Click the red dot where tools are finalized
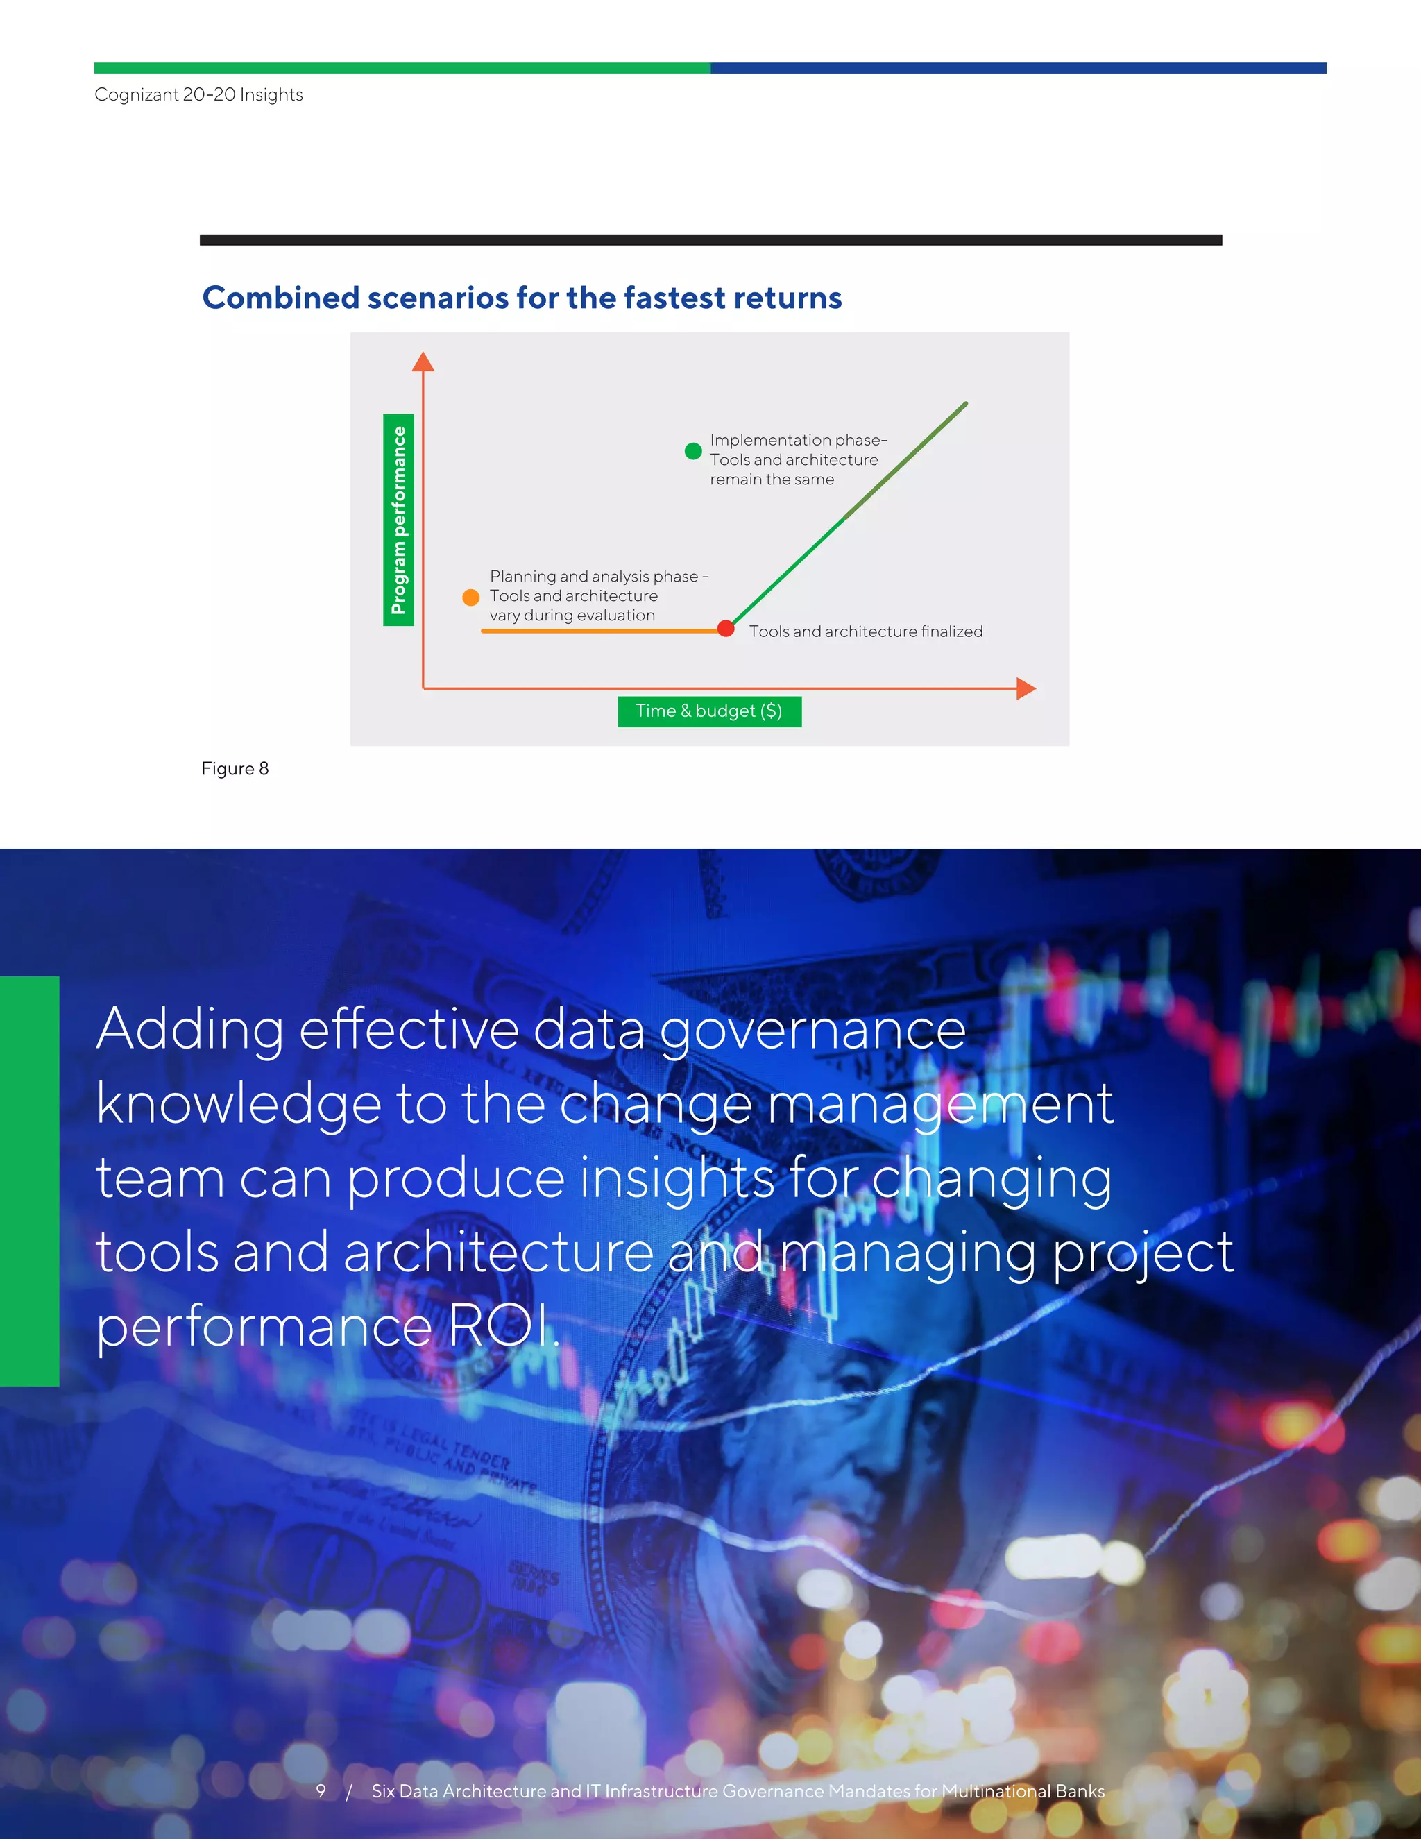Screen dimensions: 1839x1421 726,628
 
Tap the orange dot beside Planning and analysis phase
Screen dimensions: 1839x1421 471,597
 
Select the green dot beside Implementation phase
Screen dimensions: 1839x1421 693,451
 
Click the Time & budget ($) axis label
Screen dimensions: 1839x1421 709,711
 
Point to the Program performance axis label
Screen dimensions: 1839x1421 398,520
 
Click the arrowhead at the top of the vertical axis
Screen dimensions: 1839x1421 423,362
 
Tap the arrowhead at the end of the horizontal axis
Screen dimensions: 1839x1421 1026,689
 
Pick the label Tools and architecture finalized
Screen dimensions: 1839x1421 865,632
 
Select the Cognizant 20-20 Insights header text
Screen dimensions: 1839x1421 198,94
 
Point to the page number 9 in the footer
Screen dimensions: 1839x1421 321,1791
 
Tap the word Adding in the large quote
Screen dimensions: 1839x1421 190,1029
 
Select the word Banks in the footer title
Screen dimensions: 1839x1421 1080,1791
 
